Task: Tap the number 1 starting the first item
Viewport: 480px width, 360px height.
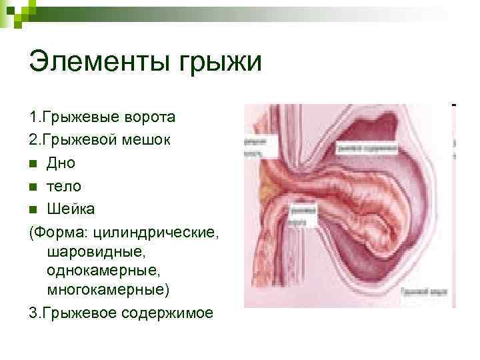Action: (x=33, y=118)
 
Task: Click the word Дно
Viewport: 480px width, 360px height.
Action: (x=61, y=163)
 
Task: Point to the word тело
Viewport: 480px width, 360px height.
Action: (x=64, y=186)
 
